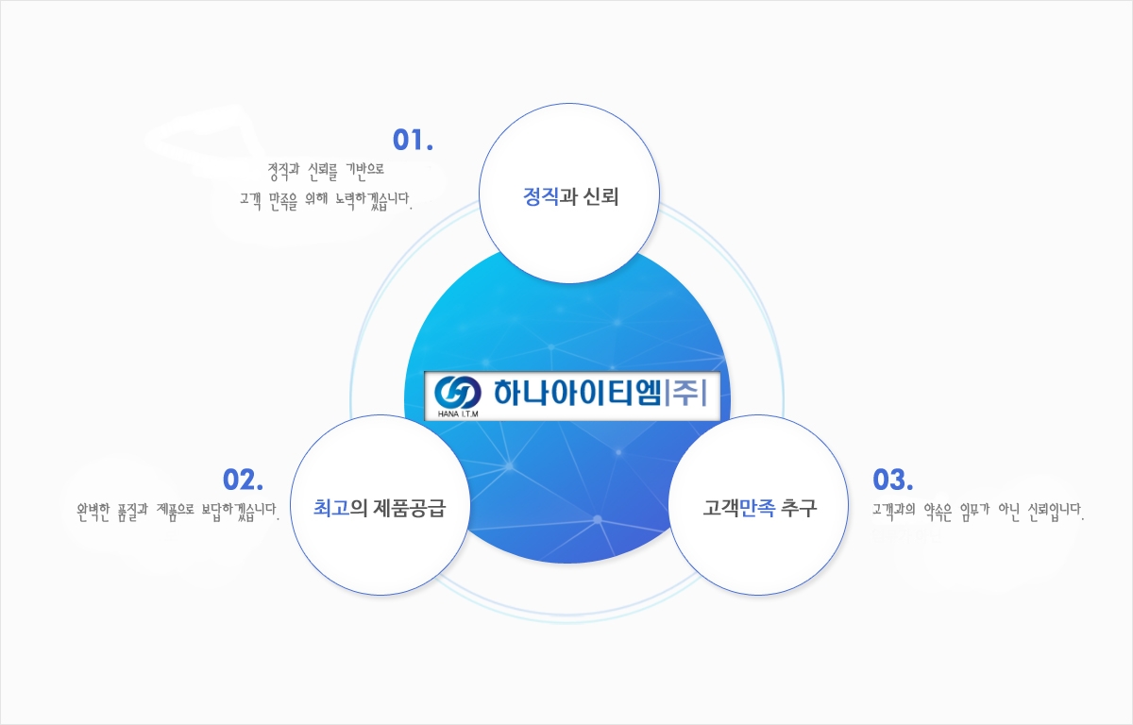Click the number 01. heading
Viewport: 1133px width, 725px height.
point(413,140)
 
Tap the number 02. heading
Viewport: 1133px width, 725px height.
point(243,480)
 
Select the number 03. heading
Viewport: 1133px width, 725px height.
point(893,480)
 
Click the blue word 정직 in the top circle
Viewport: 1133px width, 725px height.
point(541,196)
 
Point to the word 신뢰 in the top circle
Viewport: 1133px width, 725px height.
point(600,196)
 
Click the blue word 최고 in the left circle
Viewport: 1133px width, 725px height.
point(331,508)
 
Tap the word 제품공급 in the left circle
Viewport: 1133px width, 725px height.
point(409,508)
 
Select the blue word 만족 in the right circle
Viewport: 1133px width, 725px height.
point(757,508)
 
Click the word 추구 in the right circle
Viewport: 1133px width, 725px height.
point(799,508)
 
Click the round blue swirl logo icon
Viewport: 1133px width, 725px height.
point(458,393)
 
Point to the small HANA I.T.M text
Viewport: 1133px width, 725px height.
point(458,414)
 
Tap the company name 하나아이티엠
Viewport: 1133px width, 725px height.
point(578,393)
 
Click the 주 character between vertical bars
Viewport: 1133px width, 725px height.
point(685,393)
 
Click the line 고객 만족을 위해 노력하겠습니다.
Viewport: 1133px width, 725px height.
point(326,201)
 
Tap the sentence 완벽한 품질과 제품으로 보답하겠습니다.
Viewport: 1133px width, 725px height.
point(178,512)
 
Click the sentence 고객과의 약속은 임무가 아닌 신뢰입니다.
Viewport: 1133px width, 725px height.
point(978,512)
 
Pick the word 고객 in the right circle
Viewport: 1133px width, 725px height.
point(721,508)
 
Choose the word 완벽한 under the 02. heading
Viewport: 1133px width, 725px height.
point(93,512)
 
